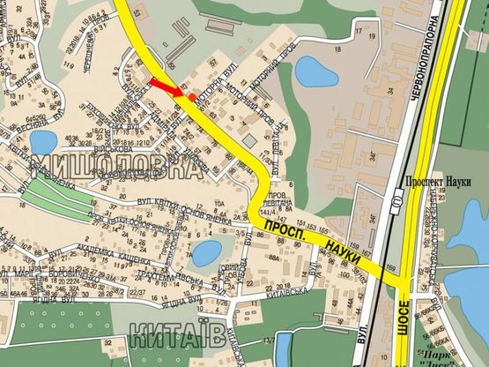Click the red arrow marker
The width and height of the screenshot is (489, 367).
click(166, 86)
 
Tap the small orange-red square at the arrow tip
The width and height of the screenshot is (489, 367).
click(193, 96)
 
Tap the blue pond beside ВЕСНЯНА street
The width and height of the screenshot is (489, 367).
click(46, 139)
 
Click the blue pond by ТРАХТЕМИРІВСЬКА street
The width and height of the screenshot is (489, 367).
click(207, 254)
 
